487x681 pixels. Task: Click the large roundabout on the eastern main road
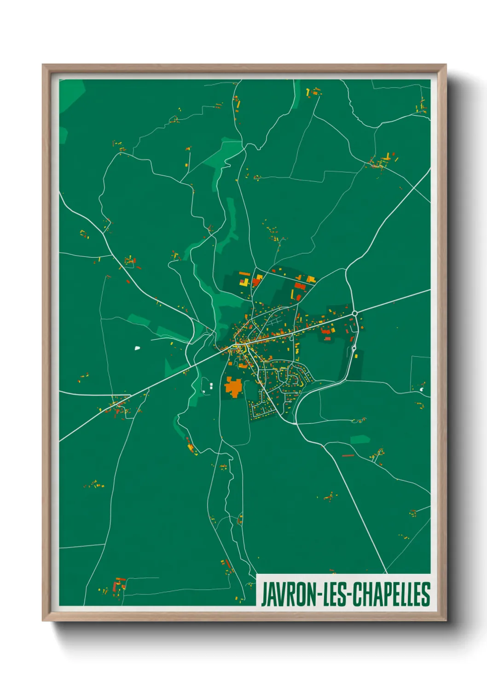pos(354,313)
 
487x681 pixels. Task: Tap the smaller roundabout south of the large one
pos(354,348)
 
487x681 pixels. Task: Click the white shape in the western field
pos(137,348)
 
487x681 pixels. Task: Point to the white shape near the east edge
pos(422,389)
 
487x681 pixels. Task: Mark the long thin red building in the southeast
pos(348,456)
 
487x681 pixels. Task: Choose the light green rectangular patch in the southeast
pos(360,439)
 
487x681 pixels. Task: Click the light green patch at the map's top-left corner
pos(72,94)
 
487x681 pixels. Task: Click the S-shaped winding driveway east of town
pos(359,420)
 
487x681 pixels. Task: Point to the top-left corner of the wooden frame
pos(43,65)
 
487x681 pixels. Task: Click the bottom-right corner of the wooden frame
pos(446,620)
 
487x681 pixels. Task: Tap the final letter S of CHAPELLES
pos(426,594)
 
